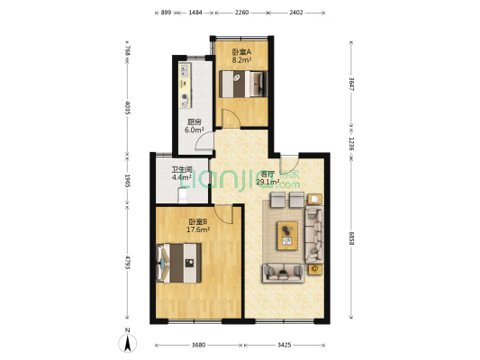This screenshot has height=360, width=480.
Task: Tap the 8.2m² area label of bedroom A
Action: point(241,60)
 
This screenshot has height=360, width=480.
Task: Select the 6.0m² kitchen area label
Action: point(195,130)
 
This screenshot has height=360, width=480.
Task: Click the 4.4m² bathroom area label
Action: point(182,177)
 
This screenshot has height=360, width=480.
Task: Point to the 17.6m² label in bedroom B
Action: point(198,229)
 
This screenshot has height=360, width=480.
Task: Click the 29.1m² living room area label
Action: point(267,183)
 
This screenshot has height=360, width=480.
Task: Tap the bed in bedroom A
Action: point(243,84)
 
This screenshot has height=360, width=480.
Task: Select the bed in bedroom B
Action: point(179,263)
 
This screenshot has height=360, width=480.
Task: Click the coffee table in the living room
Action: point(287,236)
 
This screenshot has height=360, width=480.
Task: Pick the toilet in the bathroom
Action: point(183,196)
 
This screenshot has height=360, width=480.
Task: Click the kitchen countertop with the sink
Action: point(186,85)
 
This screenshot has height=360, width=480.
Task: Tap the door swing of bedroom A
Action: point(231,118)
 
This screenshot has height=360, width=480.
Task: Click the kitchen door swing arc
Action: point(204,140)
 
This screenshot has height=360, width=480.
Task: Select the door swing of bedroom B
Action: point(223,214)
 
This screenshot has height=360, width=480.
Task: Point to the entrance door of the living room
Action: point(289,165)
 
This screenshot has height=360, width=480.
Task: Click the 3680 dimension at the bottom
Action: point(198,346)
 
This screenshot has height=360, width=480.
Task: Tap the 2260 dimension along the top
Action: point(241,13)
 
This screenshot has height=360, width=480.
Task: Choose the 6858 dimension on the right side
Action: point(351,238)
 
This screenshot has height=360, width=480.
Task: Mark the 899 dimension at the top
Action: point(166,13)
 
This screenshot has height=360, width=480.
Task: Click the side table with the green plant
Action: point(315,269)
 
